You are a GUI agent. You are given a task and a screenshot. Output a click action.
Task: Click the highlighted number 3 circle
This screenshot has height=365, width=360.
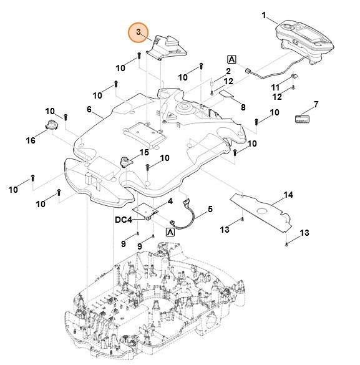point(139,32)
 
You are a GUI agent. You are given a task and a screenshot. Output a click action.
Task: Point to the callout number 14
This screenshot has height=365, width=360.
point(288,195)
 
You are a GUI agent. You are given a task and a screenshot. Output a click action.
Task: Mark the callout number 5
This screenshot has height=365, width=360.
point(210,210)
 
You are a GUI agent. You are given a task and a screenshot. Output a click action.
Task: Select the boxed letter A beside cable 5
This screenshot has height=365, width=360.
point(170,231)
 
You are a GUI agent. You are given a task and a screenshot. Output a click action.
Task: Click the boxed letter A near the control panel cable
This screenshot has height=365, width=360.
point(232,59)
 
